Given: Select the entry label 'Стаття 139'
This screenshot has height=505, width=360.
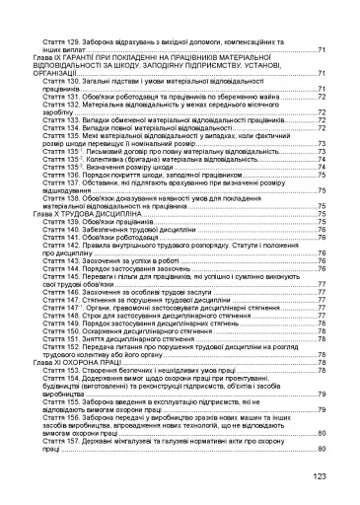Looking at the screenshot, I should (65, 223).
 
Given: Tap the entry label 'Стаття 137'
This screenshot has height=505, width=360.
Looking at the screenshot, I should (65, 181).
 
